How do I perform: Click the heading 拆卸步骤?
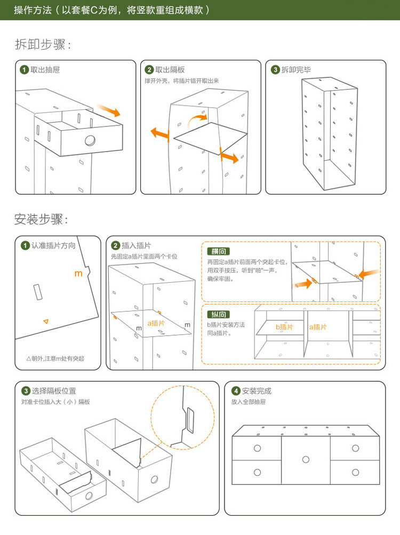point(43,45)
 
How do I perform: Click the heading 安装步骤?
point(41,219)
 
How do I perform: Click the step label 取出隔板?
point(170,70)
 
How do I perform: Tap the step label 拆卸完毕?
point(296,70)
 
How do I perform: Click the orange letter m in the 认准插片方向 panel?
point(78,273)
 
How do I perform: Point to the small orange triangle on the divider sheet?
point(46,321)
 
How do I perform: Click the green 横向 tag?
point(219,251)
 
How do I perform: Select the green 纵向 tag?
point(219,314)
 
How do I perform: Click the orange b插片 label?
point(284,326)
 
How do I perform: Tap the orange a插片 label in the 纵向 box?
point(318,326)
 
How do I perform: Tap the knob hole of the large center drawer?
point(306,459)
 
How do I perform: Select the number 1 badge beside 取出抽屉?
point(25,70)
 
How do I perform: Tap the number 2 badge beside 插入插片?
point(116,246)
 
